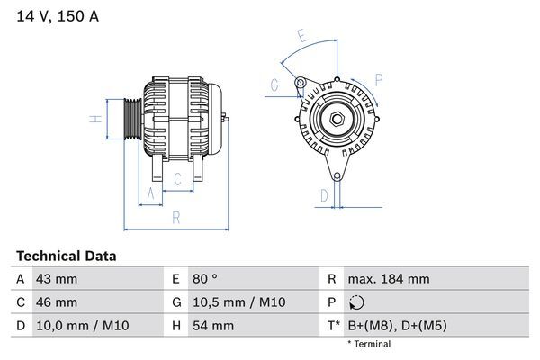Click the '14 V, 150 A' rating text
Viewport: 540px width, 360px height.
(55, 17)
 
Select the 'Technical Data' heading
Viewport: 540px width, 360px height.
(67, 256)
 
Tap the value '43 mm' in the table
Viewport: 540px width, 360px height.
(56, 279)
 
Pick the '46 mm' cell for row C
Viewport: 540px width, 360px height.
(56, 302)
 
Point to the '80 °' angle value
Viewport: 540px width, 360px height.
(200, 279)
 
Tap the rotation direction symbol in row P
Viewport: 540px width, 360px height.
(357, 302)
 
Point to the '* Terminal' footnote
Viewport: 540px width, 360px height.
(369, 344)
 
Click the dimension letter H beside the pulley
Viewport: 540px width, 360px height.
(93, 118)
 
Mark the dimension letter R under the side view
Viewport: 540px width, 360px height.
(175, 217)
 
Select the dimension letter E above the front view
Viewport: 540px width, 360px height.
(302, 38)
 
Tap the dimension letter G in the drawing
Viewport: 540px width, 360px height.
(274, 86)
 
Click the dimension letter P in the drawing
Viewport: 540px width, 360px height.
(379, 80)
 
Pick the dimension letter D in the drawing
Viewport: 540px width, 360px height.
(324, 194)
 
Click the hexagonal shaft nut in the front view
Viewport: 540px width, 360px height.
(334, 119)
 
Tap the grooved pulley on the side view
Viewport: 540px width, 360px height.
(130, 117)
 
